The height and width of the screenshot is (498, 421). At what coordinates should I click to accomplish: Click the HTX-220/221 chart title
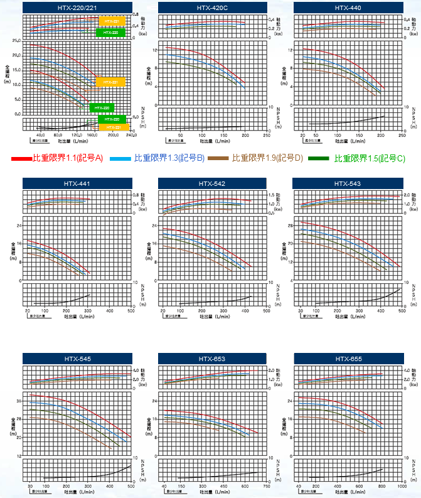[77, 8]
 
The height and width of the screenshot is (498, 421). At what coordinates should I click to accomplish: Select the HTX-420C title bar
[212, 8]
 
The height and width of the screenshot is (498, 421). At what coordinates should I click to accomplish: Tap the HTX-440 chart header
[348, 8]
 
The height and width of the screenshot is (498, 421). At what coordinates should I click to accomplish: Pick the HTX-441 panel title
[77, 183]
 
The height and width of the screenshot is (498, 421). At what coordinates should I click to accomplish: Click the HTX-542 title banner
[212, 183]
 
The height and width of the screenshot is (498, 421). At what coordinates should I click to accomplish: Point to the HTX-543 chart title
[348, 183]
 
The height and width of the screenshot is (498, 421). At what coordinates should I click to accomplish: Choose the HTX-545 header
[77, 359]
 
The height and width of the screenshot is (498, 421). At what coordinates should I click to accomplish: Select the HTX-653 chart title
[212, 359]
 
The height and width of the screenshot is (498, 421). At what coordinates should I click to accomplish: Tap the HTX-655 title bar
[348, 359]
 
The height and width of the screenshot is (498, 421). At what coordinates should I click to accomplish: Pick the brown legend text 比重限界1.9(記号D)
[267, 158]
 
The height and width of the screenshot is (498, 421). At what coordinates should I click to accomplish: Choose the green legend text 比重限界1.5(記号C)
[370, 158]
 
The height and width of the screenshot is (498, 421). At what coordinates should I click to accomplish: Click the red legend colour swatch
[21, 159]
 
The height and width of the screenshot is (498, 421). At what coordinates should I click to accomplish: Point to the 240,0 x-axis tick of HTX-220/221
[131, 134]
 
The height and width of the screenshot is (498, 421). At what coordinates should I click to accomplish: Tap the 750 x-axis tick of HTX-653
[267, 486]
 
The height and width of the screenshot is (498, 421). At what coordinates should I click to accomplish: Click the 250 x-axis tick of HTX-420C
[267, 134]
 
